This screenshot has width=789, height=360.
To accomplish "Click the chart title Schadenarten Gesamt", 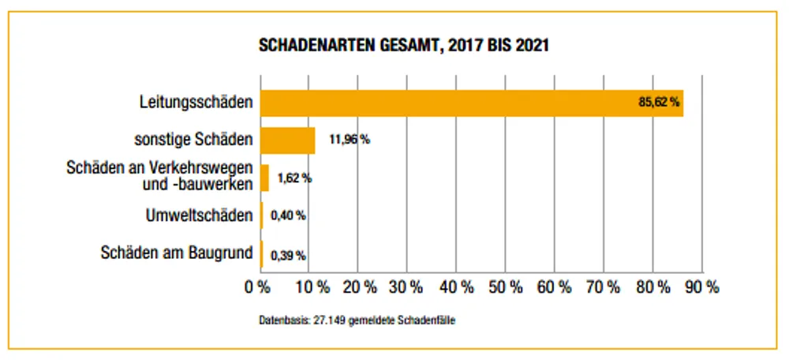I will click(403, 46).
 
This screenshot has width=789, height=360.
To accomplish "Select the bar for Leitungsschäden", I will click(471, 103).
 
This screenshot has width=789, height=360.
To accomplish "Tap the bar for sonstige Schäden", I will click(288, 141).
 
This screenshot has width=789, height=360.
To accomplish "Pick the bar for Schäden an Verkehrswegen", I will click(265, 178).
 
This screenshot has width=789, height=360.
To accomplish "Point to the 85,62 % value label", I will click(659, 103).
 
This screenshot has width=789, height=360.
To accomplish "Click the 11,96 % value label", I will click(350, 141).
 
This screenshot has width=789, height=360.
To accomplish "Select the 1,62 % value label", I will click(294, 178).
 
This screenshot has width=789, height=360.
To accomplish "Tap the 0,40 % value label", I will click(288, 215).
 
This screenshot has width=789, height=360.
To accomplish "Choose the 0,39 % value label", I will click(288, 254).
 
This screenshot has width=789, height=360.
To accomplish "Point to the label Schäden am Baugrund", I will click(178, 253).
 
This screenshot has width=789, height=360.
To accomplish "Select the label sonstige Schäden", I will click(194, 141).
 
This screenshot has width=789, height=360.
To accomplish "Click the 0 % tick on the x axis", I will click(259, 287).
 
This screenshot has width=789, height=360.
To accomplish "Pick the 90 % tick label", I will click(702, 287).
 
